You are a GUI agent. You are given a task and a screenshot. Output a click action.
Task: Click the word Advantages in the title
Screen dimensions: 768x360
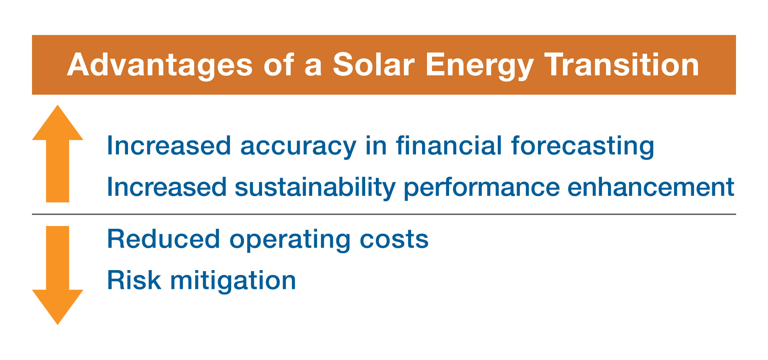tap(160, 65)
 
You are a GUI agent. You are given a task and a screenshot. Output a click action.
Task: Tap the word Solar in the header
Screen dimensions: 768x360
tap(373, 65)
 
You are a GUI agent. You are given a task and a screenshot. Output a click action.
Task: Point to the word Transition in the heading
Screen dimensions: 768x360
tap(622, 65)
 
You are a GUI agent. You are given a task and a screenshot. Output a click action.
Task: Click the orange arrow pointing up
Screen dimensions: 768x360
tap(58, 154)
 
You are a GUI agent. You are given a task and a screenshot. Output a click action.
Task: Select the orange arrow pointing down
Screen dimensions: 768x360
tap(58, 275)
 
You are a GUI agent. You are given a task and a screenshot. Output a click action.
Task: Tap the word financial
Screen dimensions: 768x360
tap(449, 145)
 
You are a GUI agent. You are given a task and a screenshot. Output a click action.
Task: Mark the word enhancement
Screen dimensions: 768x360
tap(651, 187)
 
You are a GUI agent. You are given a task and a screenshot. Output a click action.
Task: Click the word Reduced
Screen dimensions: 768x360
tap(164, 239)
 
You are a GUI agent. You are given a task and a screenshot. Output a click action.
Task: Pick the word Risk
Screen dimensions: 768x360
tap(134, 280)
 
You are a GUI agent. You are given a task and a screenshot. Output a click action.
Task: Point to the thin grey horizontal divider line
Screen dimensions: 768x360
tap(384, 214)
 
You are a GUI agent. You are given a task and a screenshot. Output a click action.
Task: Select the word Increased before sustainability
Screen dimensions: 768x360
tap(167, 187)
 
